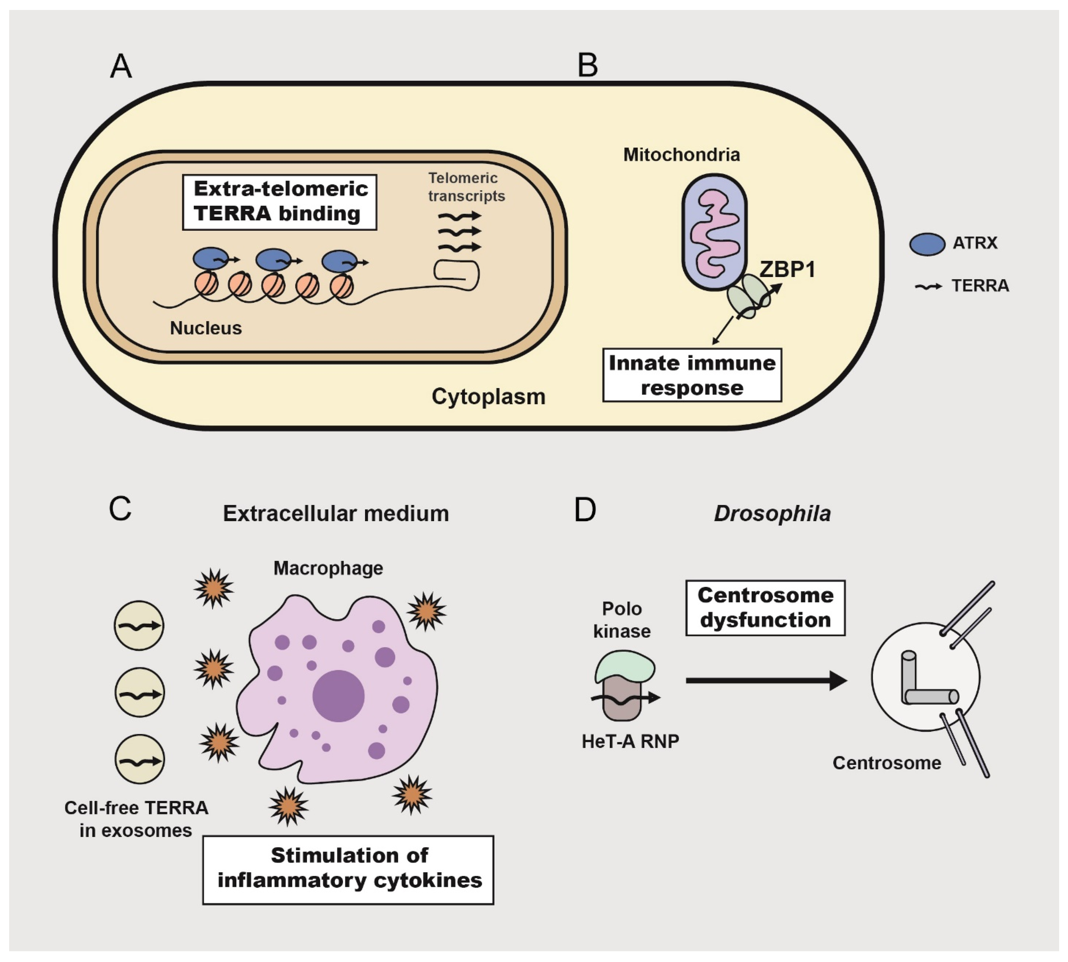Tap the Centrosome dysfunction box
(x=765, y=608)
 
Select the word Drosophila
(x=772, y=513)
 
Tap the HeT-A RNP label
(x=630, y=741)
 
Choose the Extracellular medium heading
(x=336, y=513)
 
